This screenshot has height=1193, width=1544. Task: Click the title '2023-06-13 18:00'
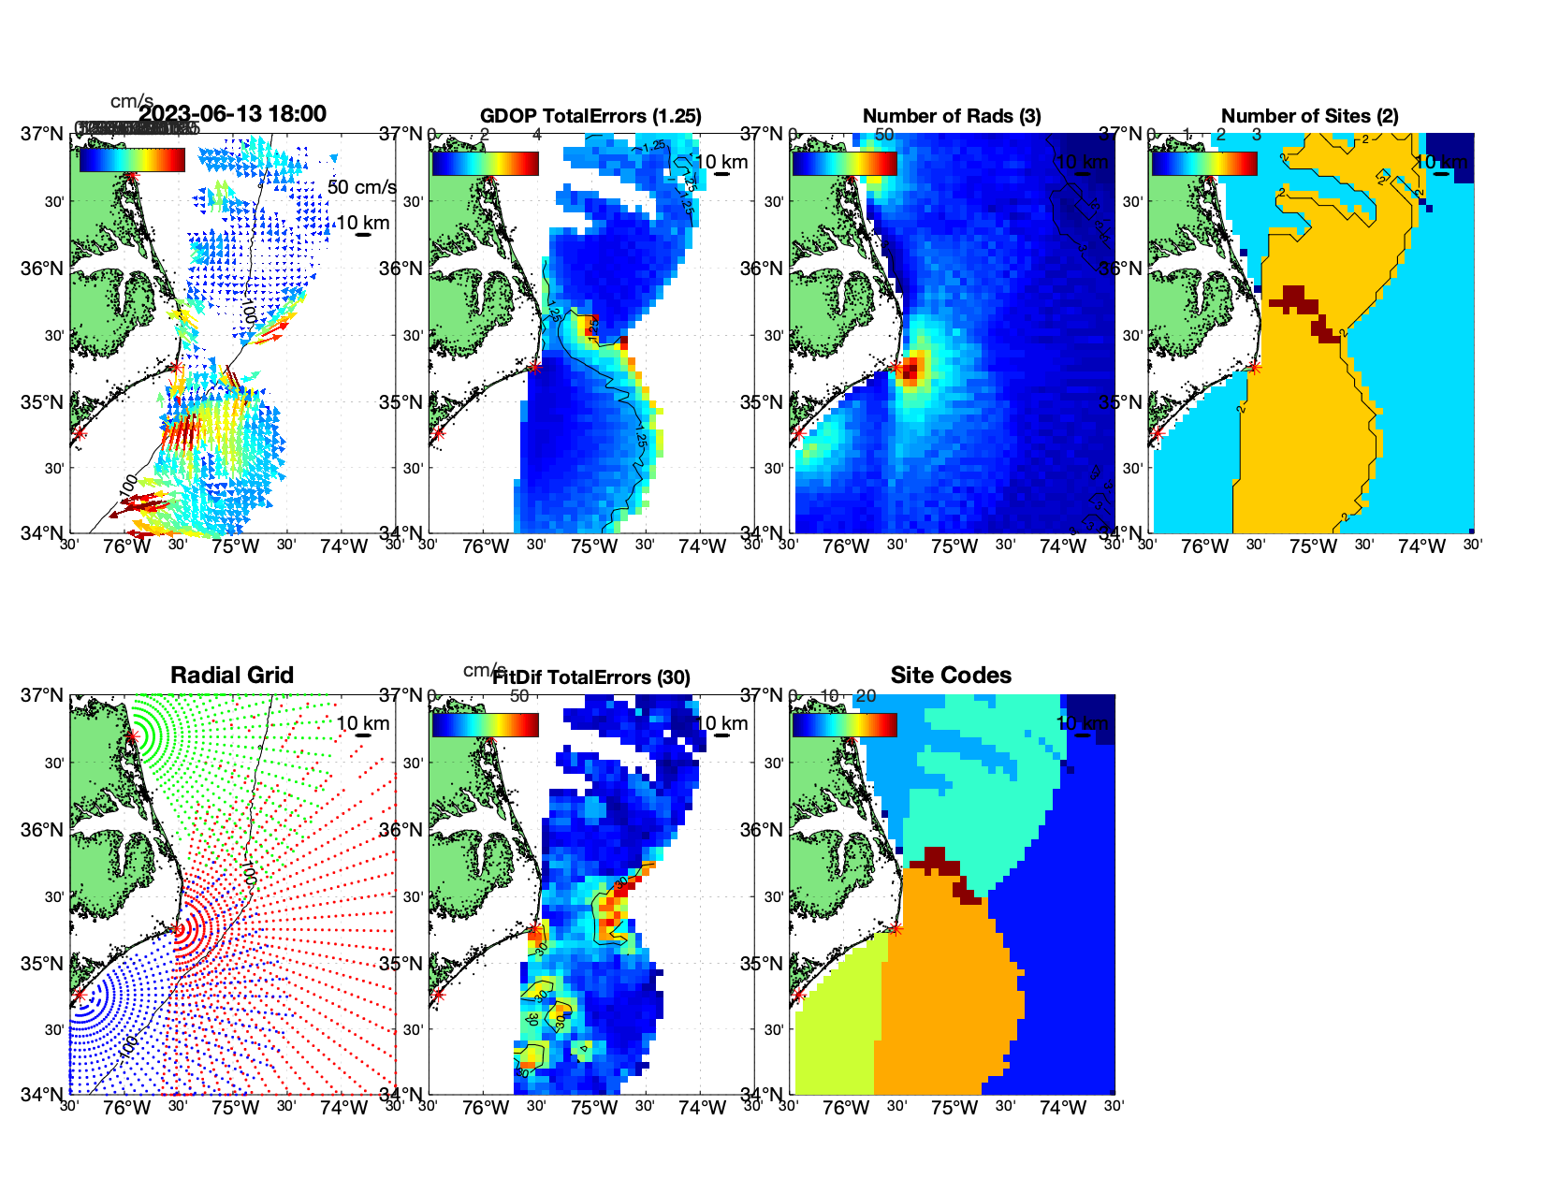[x=232, y=114]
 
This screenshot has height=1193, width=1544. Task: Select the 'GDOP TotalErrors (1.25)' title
[x=590, y=116]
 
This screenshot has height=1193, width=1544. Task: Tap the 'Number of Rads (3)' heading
[x=952, y=116]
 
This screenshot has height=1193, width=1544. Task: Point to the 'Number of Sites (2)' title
[x=1310, y=116]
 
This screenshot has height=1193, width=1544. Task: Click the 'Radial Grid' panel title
[x=232, y=676]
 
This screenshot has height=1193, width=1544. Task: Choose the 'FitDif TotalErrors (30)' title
[x=591, y=677]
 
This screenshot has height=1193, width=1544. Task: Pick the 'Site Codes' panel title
[x=951, y=676]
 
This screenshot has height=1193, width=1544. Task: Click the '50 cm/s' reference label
[x=361, y=187]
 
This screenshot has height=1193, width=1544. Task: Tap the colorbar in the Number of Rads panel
[x=844, y=163]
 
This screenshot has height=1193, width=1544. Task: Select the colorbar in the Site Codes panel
[x=844, y=724]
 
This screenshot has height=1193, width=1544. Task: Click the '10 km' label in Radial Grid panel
[x=363, y=723]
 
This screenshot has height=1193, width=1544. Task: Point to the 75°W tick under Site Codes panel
[x=954, y=1109]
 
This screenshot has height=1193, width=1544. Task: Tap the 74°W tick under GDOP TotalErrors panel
[x=702, y=547]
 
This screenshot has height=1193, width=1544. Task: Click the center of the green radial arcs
[x=132, y=736]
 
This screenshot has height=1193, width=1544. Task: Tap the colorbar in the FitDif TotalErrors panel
[x=485, y=724]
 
